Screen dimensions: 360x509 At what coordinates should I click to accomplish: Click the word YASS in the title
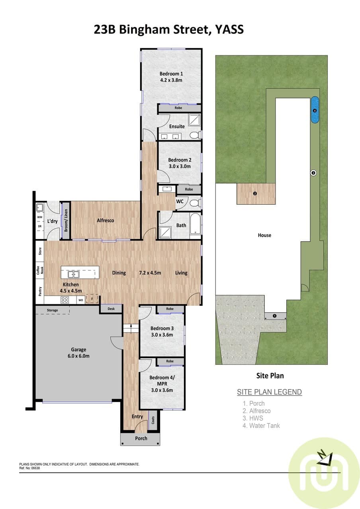point(229,30)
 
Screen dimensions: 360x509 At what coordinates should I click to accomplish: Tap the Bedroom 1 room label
point(171,74)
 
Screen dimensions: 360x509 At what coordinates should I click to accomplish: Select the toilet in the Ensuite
point(195,135)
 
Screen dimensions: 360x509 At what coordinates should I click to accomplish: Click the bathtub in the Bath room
point(195,224)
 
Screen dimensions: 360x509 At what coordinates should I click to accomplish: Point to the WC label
point(180,201)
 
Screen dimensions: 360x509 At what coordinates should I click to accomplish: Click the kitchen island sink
point(74,274)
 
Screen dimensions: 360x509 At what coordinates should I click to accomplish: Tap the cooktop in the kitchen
point(65,300)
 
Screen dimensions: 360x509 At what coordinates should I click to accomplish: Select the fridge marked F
point(92,299)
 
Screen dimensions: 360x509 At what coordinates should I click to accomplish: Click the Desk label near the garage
point(111,309)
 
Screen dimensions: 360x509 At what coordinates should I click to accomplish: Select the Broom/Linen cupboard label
point(66,220)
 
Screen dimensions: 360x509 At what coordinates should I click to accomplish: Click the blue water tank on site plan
point(315,110)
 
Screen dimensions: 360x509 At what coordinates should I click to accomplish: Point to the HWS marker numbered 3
point(313,173)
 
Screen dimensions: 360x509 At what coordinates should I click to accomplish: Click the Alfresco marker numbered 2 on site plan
point(255,194)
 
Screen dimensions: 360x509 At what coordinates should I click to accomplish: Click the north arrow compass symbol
point(325,458)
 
